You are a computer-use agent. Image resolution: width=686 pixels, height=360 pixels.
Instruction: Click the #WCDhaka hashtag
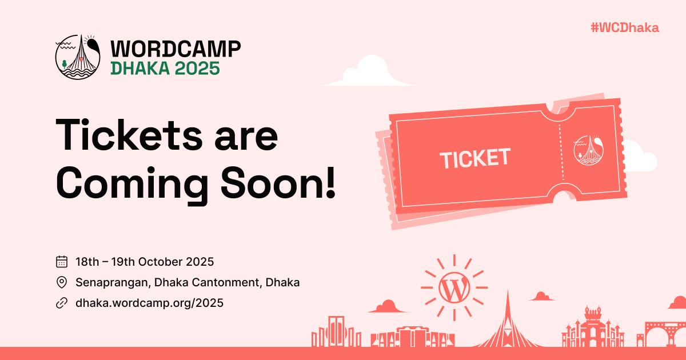[625, 28]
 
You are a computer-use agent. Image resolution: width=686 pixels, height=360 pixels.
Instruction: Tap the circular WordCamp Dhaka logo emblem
[78, 57]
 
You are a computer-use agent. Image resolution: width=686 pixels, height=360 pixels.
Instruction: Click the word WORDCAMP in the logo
[176, 49]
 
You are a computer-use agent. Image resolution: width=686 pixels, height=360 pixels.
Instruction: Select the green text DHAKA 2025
[165, 68]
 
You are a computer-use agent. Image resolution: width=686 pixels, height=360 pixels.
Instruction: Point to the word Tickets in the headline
[129, 135]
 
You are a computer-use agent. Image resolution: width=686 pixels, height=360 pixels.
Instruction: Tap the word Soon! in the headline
[278, 183]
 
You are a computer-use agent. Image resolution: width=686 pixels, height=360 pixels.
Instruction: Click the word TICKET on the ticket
[475, 158]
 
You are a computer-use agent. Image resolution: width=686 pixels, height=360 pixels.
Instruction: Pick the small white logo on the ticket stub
[588, 150]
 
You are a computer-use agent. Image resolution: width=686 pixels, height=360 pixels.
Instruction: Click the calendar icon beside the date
[62, 262]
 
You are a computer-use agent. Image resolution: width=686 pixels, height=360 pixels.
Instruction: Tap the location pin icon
[62, 282]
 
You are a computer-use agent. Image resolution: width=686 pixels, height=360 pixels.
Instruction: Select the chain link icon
[62, 303]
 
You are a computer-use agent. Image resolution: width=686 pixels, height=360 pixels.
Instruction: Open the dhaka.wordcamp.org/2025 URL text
[149, 303]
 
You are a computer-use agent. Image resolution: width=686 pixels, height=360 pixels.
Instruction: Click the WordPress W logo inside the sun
[454, 287]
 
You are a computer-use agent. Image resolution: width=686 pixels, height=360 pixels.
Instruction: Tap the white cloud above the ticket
[371, 72]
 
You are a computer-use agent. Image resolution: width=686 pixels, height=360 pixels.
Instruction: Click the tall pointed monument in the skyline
[508, 325]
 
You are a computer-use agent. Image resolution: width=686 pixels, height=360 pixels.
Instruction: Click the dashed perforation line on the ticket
[561, 152]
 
